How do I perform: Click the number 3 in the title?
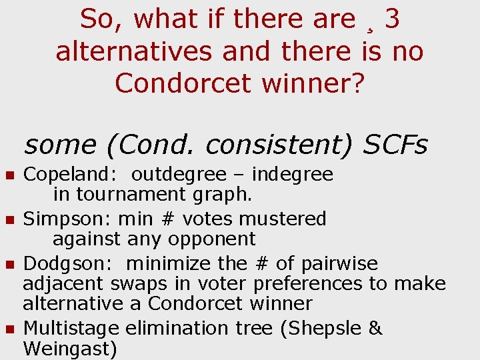tap(393, 19)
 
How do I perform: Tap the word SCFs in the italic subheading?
tap(396, 145)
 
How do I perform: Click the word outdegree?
tap(179, 175)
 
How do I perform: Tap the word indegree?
tap(293, 175)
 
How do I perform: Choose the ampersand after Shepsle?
tap(375, 328)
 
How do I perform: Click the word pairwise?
tap(339, 263)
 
